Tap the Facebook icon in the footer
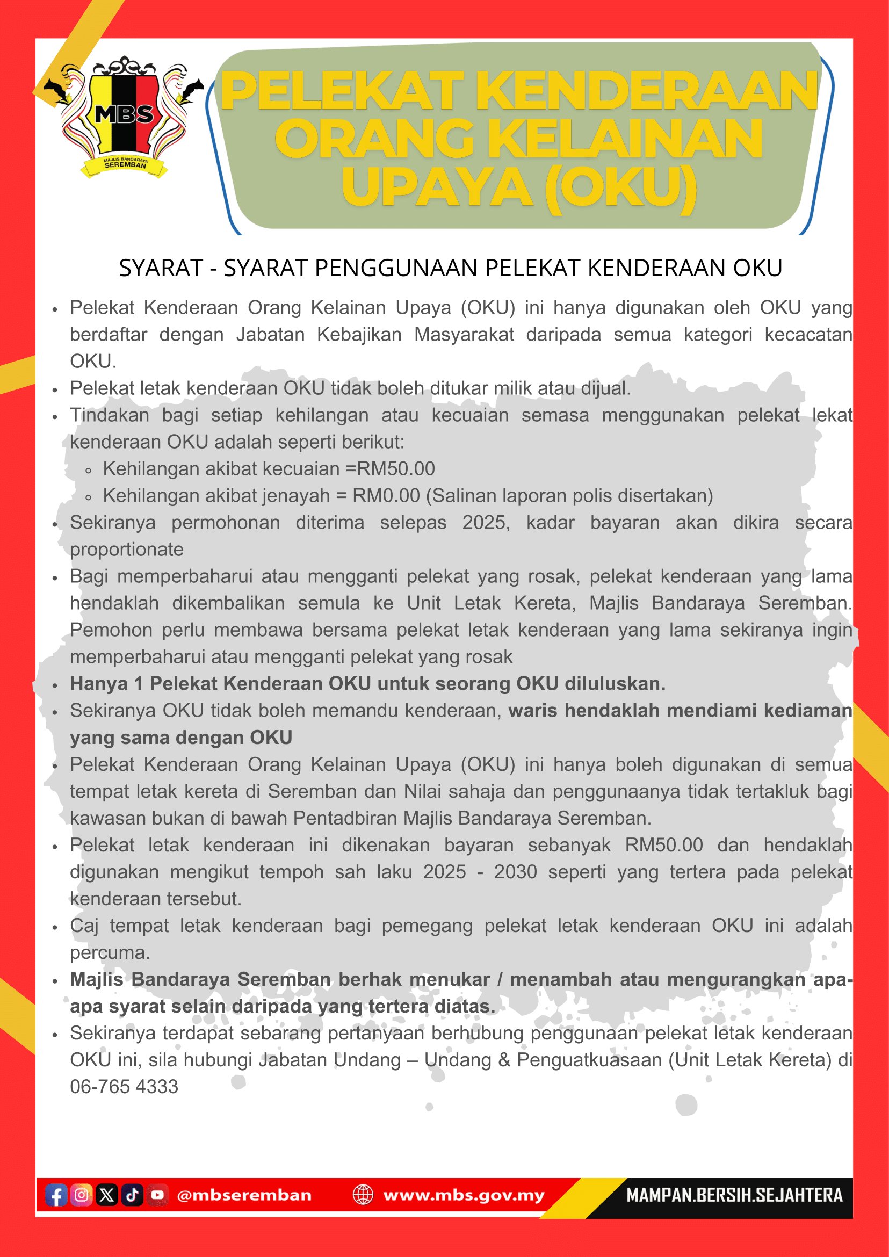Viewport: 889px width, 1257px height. (56, 1195)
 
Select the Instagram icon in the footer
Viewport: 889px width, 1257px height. (82, 1195)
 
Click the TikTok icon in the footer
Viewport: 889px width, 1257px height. (132, 1195)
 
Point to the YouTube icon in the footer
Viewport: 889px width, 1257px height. (157, 1195)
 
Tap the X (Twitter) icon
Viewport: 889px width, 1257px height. (107, 1195)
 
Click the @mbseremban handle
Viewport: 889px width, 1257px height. (244, 1195)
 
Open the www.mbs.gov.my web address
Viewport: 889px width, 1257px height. (464, 1195)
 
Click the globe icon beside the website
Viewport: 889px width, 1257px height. (363, 1195)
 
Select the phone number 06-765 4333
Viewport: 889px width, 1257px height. (124, 1087)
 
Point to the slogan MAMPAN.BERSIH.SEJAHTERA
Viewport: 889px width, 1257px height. (734, 1195)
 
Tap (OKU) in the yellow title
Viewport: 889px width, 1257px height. (621, 187)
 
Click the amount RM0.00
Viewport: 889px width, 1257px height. (386, 495)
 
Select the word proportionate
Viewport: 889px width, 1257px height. (126, 549)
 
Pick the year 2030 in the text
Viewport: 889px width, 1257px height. (515, 872)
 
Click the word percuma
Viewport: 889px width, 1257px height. (110, 952)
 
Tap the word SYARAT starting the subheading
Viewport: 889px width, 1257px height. (161, 268)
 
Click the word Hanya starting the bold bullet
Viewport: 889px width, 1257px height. (98, 684)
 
